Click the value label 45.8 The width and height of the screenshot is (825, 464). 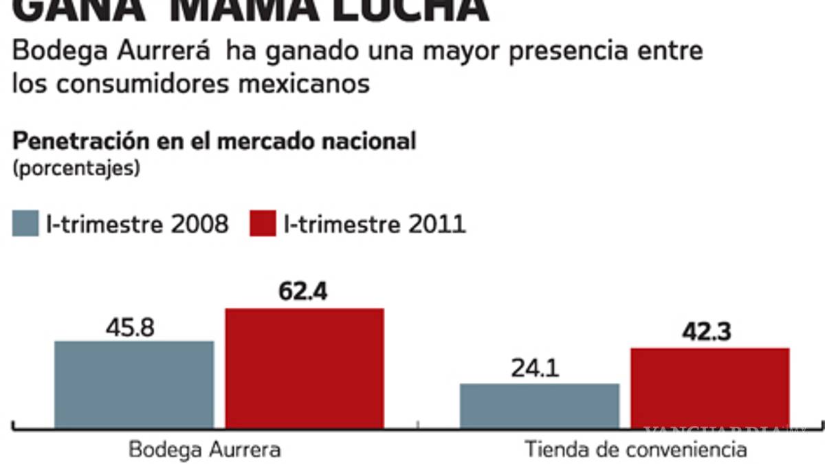click(x=131, y=328)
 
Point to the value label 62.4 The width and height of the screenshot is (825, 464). click(x=303, y=292)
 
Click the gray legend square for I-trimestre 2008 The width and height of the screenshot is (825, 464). click(x=25, y=224)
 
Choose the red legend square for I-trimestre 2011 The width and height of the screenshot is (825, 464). click(x=263, y=224)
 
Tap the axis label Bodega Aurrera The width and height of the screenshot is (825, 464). click(x=205, y=450)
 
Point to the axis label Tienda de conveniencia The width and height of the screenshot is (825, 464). click(x=636, y=450)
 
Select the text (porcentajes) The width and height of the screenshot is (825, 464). click(x=76, y=168)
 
